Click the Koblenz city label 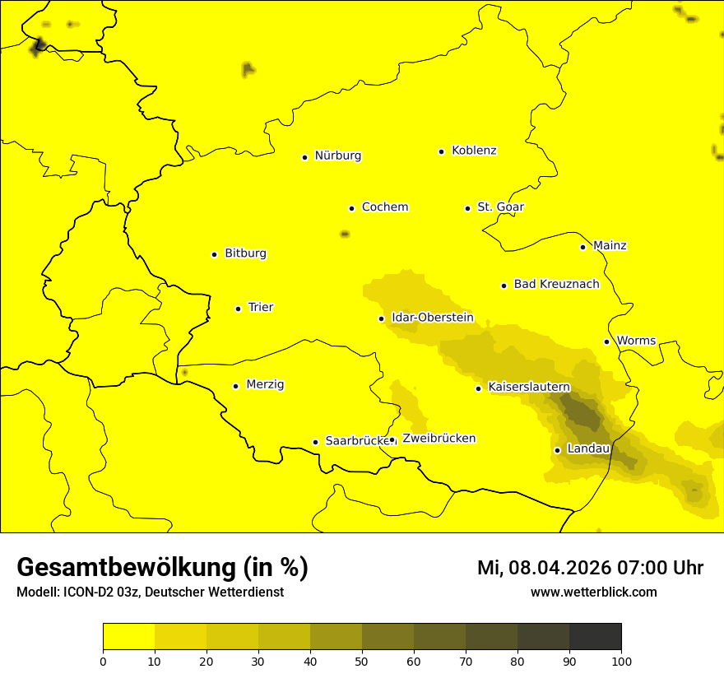click(x=474, y=151)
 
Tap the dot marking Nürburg click(x=304, y=157)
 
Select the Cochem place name click(x=385, y=207)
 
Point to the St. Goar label click(x=500, y=207)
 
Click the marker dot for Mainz click(x=582, y=247)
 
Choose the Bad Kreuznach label click(x=556, y=285)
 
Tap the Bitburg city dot click(x=214, y=254)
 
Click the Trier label click(x=261, y=308)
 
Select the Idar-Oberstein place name click(x=433, y=318)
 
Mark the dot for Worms click(x=606, y=341)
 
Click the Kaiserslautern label click(x=529, y=387)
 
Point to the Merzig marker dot click(x=235, y=386)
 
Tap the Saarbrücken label click(x=357, y=441)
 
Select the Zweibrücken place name click(x=439, y=439)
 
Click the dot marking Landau click(x=557, y=450)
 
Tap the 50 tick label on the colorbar click(x=362, y=661)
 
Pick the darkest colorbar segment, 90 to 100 click(x=595, y=637)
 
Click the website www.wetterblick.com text click(x=593, y=592)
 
